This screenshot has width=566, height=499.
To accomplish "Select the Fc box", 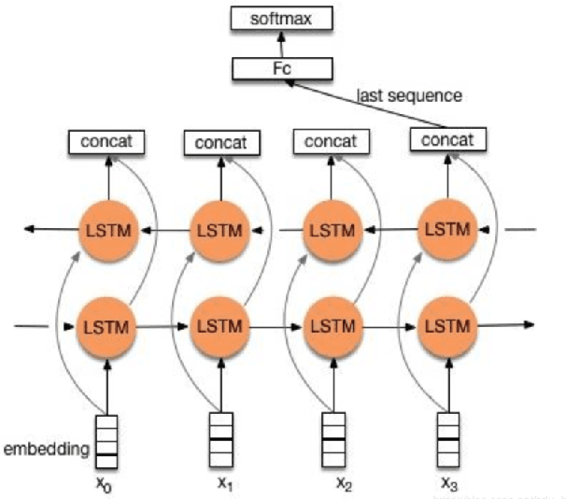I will [x=282, y=67].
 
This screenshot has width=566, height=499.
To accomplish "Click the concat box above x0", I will [x=106, y=142].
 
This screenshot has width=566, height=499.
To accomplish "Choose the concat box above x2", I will [x=330, y=141].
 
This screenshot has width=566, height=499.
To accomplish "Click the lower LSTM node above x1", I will [x=219, y=326].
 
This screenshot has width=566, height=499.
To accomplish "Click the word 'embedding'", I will [x=47, y=450].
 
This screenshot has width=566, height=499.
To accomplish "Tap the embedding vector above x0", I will [x=107, y=441].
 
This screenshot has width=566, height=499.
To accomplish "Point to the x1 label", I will [x=223, y=484].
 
